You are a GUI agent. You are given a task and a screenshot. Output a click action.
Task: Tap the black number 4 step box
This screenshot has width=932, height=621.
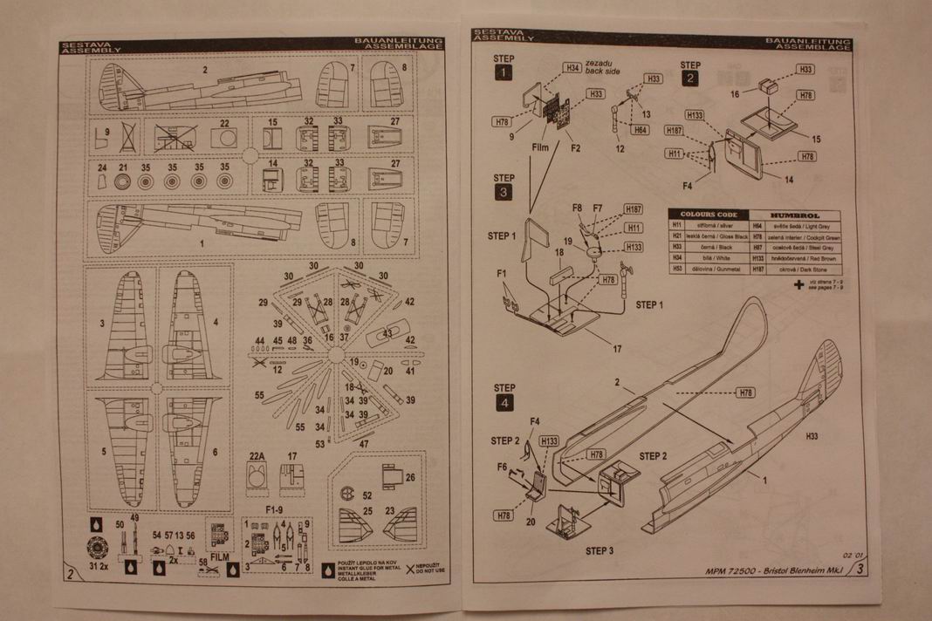point(504,403)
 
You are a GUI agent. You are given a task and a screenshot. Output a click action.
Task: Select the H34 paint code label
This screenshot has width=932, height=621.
point(572,67)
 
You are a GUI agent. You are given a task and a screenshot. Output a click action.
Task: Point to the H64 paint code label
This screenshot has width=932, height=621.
point(640,130)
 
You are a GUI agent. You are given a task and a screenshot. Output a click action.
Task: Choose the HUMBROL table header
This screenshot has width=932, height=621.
point(792,215)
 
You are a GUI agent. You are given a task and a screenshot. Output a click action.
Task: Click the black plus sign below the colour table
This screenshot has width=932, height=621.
point(798,283)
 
